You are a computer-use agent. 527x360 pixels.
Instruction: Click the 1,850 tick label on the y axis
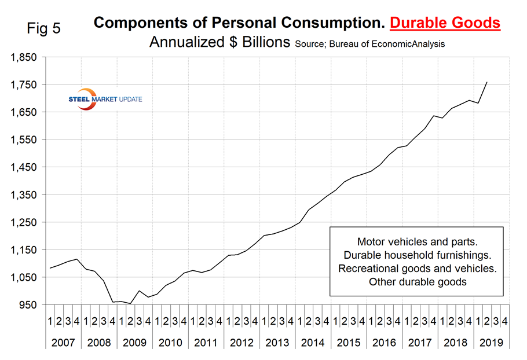21,57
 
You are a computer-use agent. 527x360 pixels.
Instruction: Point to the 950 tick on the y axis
25,305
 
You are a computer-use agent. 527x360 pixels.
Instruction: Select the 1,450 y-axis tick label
21,167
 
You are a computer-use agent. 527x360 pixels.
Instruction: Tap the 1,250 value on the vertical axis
21,222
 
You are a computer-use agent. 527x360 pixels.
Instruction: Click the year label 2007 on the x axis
63,343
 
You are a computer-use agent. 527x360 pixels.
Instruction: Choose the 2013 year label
277,343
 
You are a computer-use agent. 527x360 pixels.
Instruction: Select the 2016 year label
384,343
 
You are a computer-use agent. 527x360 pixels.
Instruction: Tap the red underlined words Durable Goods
445,23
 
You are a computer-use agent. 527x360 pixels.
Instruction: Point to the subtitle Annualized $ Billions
219,43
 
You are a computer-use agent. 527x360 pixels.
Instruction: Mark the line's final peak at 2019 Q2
486,82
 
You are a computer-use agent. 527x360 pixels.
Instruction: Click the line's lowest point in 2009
130,303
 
